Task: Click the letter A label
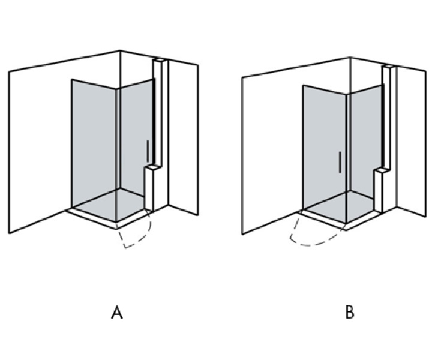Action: click(x=117, y=313)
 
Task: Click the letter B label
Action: click(x=350, y=313)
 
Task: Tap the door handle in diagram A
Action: click(x=148, y=151)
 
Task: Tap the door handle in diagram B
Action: click(x=340, y=163)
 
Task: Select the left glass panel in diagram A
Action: click(x=94, y=144)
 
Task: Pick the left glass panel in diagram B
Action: click(x=324, y=144)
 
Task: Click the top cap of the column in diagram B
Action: click(x=388, y=66)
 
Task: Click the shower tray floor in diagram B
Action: click(x=345, y=207)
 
